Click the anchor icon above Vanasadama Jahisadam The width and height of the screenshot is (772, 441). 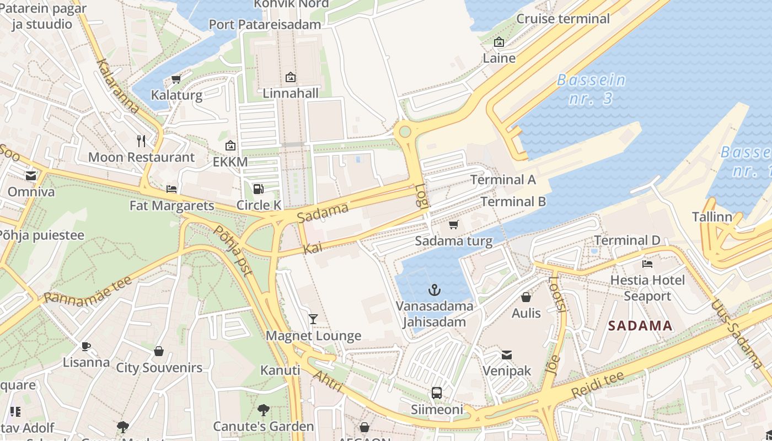coord(435,289)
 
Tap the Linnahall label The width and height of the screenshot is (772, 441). coord(291,93)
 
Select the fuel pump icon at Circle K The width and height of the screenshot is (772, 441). coord(258,189)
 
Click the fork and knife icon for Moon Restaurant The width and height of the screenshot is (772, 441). coord(141,141)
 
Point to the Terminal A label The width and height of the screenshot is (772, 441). coord(503,180)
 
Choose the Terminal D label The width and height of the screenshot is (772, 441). coord(627,240)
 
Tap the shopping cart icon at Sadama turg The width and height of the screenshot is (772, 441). coord(453,224)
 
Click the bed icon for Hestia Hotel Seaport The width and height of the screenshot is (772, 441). coord(647,264)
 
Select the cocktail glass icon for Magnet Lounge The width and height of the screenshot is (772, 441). coord(313,319)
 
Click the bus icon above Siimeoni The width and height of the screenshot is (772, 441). coord(436,393)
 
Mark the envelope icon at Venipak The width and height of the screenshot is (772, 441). coord(506,354)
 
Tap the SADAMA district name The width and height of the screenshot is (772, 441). coord(640,326)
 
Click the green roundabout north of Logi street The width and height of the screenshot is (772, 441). coord(405,131)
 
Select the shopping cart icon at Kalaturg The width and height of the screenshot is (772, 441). coord(176,79)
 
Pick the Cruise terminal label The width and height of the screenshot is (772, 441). coord(563,19)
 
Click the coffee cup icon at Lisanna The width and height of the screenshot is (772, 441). coord(85,346)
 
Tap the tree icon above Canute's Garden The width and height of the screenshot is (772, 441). coord(264,410)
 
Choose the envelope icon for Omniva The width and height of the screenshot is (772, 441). coord(31,176)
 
